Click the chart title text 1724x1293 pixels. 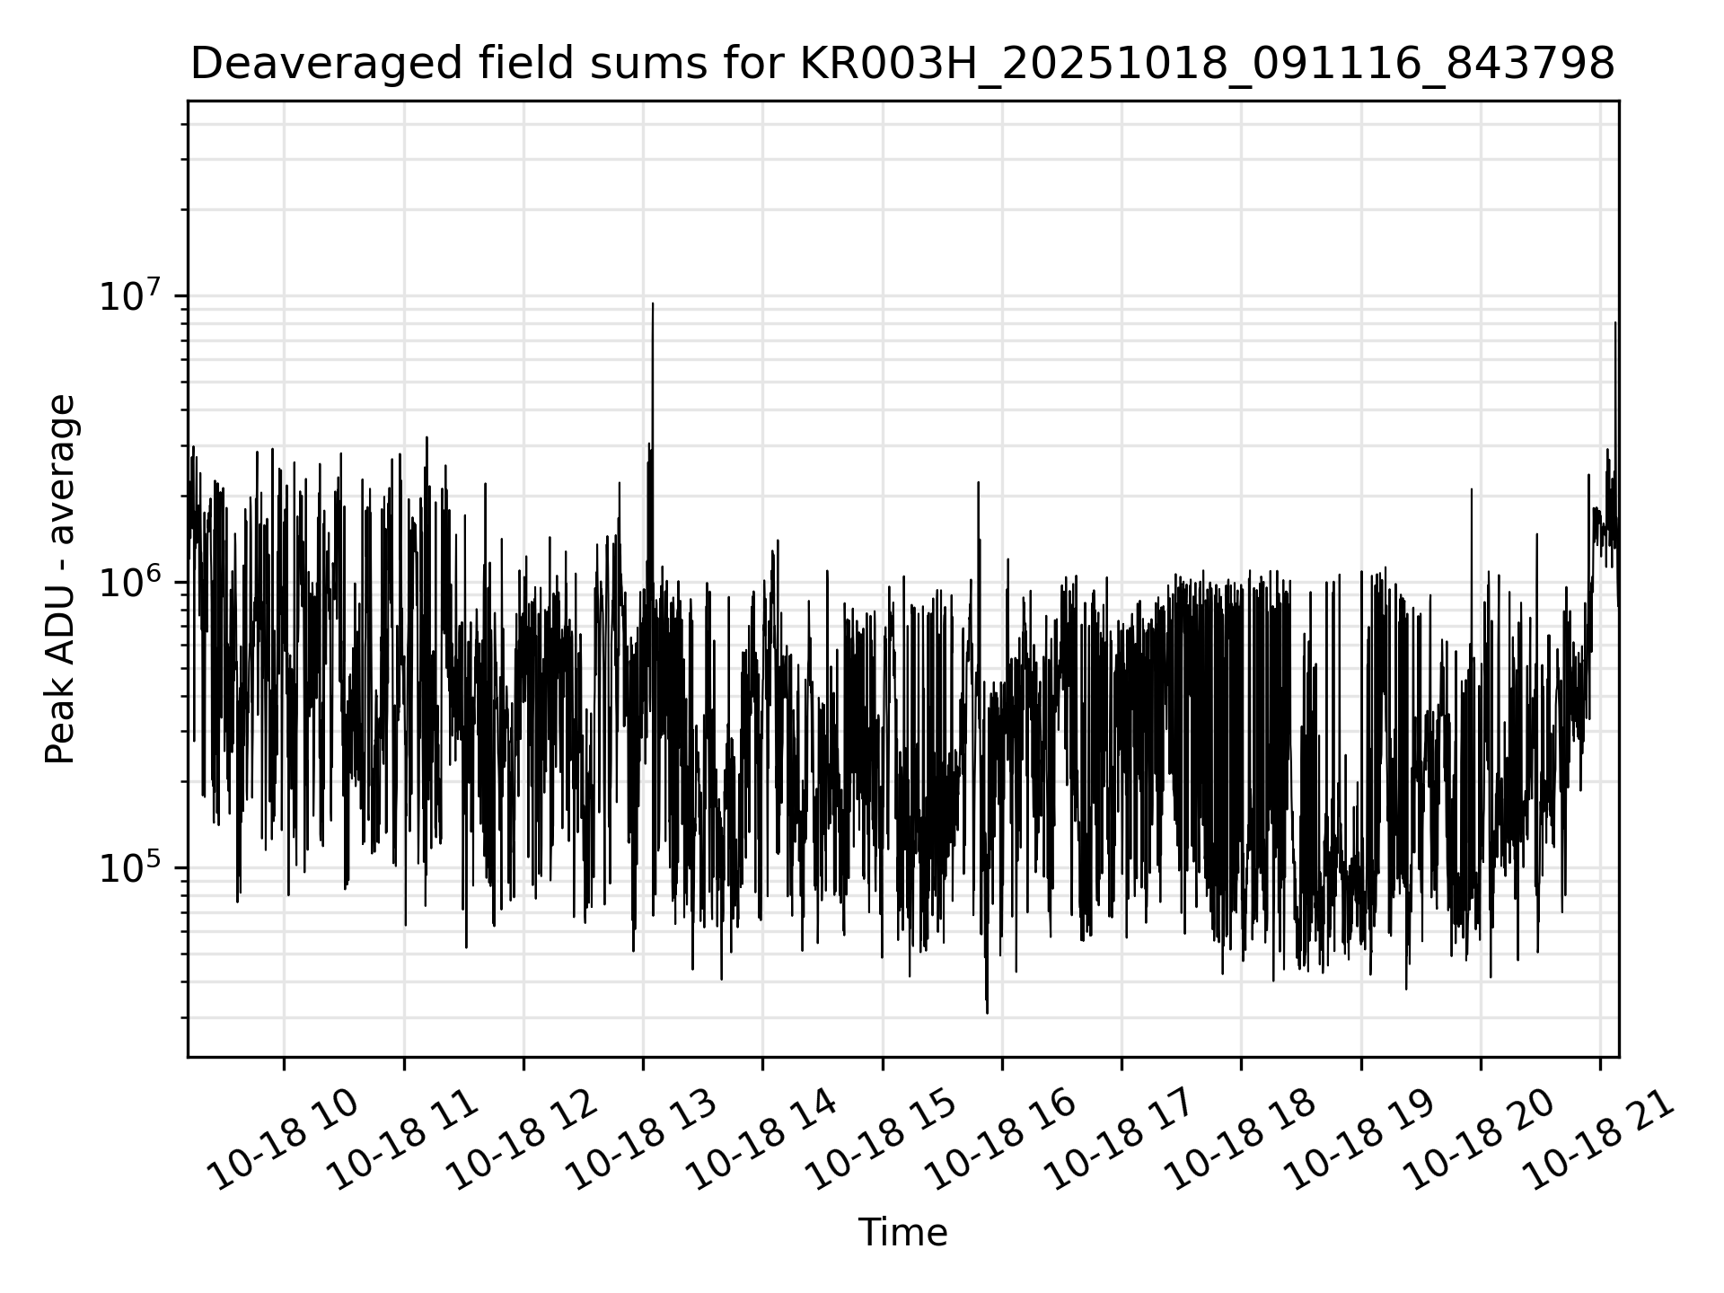[902, 65]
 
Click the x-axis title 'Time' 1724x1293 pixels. [902, 1233]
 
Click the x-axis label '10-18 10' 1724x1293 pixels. [284, 1140]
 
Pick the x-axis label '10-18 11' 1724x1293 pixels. [403, 1140]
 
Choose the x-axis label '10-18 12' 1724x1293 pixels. [523, 1140]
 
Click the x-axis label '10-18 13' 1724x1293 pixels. [643, 1140]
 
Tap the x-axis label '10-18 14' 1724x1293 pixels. [762, 1140]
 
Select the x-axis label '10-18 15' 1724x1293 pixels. [882, 1140]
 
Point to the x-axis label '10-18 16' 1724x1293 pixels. [1001, 1140]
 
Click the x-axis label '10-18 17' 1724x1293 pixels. [1121, 1140]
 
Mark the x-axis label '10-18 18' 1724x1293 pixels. [1241, 1140]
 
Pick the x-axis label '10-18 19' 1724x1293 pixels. [1360, 1140]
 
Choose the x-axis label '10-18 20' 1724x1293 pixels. [1480, 1140]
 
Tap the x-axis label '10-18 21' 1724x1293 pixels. [1599, 1140]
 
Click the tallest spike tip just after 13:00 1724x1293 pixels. [653, 304]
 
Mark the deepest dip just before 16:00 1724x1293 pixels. [987, 1012]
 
